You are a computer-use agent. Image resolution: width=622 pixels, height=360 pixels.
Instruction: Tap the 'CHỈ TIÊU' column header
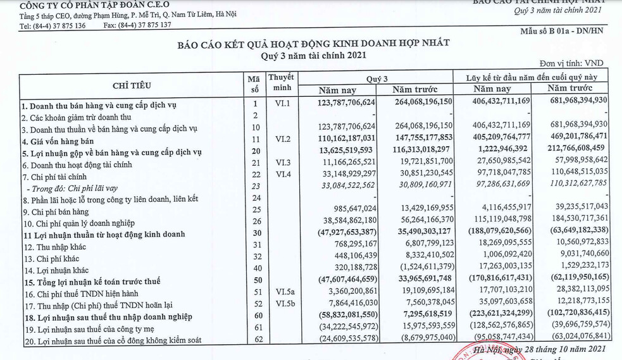click(132, 85)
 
